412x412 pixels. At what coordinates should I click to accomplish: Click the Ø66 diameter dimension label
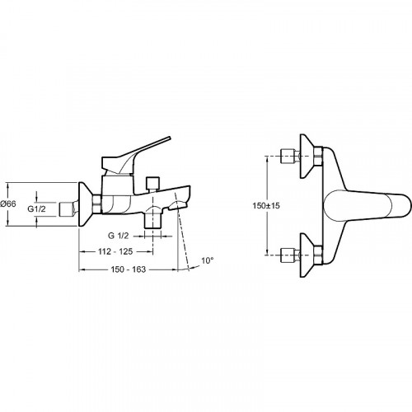[x=8, y=204]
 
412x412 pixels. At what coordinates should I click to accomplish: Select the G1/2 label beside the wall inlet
[x=36, y=209]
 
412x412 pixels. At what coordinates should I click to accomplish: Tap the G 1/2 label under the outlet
[x=119, y=236]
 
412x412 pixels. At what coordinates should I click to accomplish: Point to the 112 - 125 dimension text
[x=115, y=251]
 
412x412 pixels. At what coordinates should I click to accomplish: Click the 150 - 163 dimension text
[x=129, y=269]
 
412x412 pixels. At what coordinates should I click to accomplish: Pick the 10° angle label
[x=208, y=260]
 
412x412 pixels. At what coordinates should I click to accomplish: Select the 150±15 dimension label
[x=266, y=205]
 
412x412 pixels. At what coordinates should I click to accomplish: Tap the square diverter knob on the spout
[x=153, y=183]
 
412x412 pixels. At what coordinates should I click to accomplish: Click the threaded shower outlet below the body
[x=153, y=221]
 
